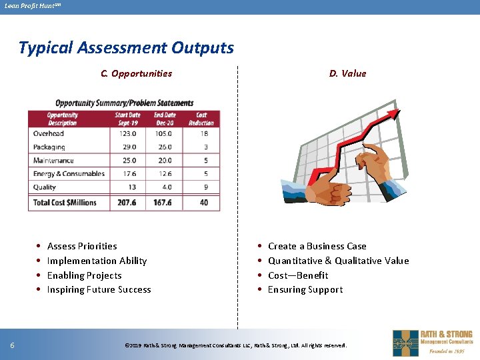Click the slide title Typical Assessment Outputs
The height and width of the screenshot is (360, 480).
tap(126, 48)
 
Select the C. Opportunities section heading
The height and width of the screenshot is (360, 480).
tap(136, 73)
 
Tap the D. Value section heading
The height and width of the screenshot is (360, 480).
tap(347, 73)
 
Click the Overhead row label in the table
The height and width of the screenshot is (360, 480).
tap(49, 133)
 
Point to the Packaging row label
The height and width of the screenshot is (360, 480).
tap(49, 147)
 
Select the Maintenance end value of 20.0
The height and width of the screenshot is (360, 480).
tap(165, 160)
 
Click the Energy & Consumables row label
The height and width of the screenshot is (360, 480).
tap(69, 174)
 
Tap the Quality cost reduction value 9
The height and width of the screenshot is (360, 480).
tap(205, 187)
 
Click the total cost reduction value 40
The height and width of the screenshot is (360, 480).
tap(204, 203)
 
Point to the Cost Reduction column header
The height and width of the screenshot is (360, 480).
tap(201, 119)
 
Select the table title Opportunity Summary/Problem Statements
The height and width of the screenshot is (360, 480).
tap(124, 103)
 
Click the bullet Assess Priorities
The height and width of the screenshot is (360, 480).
tap(82, 246)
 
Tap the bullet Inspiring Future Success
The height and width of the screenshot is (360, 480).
tap(99, 289)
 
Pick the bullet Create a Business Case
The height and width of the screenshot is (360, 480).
tap(317, 246)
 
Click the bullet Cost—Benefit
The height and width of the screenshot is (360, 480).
tap(298, 275)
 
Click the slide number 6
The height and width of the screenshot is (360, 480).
tap(13, 345)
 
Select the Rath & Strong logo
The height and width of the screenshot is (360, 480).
tap(432, 343)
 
